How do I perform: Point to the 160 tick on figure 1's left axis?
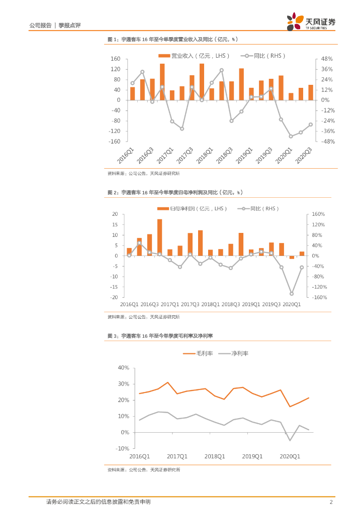[x=115, y=59]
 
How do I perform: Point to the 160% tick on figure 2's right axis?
[x=319, y=214]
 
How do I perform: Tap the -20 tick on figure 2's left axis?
[x=115, y=297]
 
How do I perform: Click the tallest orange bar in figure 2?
[x=159, y=237]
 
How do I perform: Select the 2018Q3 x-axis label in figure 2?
[x=231, y=304]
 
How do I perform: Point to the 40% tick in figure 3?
[x=124, y=368]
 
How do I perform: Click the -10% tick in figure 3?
[x=123, y=448]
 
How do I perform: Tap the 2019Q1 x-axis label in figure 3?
[x=252, y=456]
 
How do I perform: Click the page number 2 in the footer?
[x=331, y=502]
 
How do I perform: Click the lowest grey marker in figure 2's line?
[x=291, y=294]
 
